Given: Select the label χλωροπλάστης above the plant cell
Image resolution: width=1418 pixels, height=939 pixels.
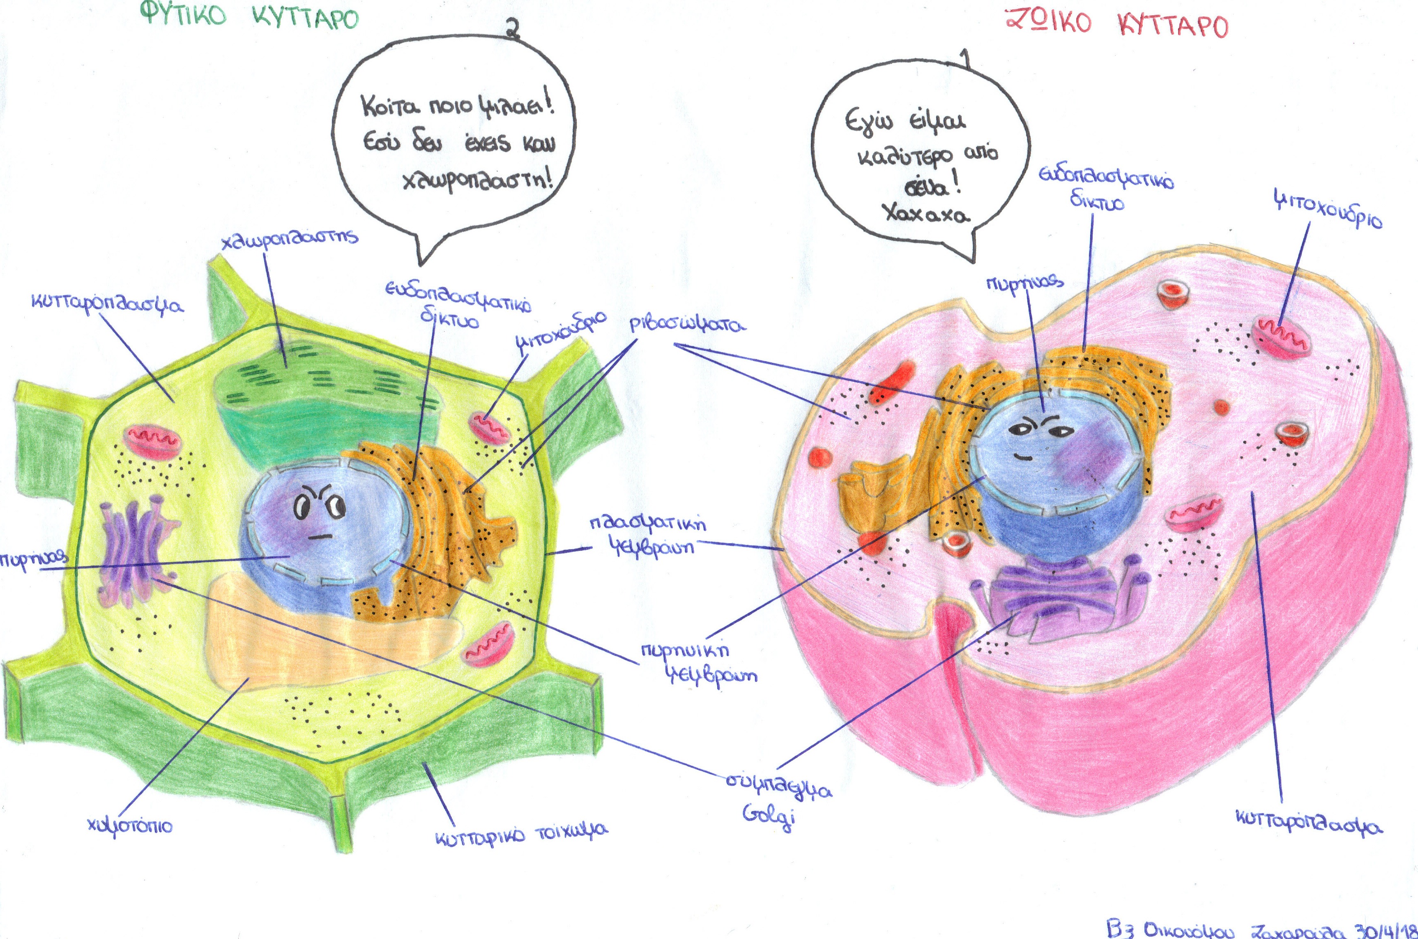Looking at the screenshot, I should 289,241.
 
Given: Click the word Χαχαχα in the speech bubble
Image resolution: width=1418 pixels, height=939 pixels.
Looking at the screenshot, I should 926,214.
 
